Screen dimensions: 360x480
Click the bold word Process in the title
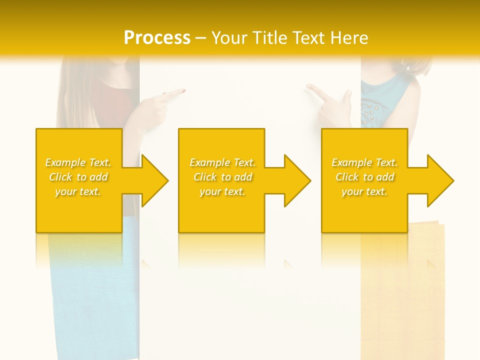[x=157, y=37]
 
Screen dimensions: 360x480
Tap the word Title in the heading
[x=271, y=37]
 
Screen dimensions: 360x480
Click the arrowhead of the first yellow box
[x=155, y=180]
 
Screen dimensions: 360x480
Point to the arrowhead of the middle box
[x=298, y=180]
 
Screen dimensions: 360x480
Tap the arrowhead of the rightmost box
[x=440, y=180]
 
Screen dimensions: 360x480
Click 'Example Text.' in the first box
[x=78, y=162]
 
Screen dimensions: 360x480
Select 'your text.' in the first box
[x=78, y=191]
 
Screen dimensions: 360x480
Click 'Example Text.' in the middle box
[x=222, y=162]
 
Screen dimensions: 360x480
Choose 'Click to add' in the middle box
[x=222, y=177]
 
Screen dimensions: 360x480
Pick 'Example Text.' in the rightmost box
[x=364, y=162]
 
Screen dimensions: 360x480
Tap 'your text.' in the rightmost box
[x=364, y=191]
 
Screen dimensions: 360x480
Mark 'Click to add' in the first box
[x=78, y=177]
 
